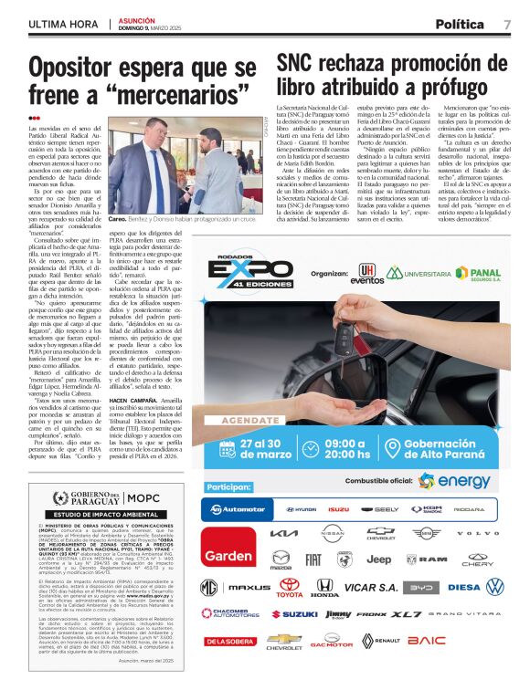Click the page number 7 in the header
pos(507,25)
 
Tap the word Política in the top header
pos(460,25)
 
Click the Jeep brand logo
pos(378,559)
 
